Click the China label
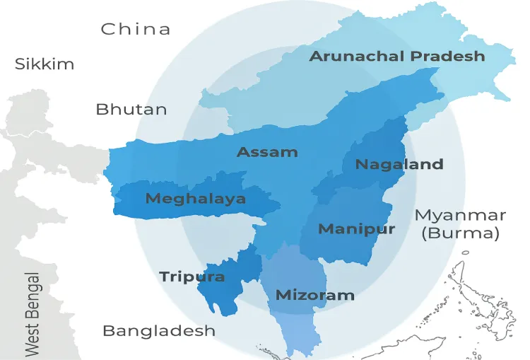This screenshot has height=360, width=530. (x=136, y=29)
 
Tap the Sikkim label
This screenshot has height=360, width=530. (x=45, y=64)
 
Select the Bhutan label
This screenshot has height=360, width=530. (x=131, y=110)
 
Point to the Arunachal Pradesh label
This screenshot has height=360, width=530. (x=397, y=57)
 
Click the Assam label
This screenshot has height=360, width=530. (x=267, y=152)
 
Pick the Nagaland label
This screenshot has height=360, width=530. (x=399, y=165)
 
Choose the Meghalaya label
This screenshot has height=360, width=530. (x=196, y=199)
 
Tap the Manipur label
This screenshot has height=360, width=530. (x=356, y=229)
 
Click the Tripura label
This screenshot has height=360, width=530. (x=192, y=277)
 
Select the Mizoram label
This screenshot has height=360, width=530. (x=314, y=295)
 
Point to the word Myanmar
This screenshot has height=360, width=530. (x=460, y=215)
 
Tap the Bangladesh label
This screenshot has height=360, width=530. (x=159, y=331)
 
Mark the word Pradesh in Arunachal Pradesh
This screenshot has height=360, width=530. (x=450, y=57)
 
